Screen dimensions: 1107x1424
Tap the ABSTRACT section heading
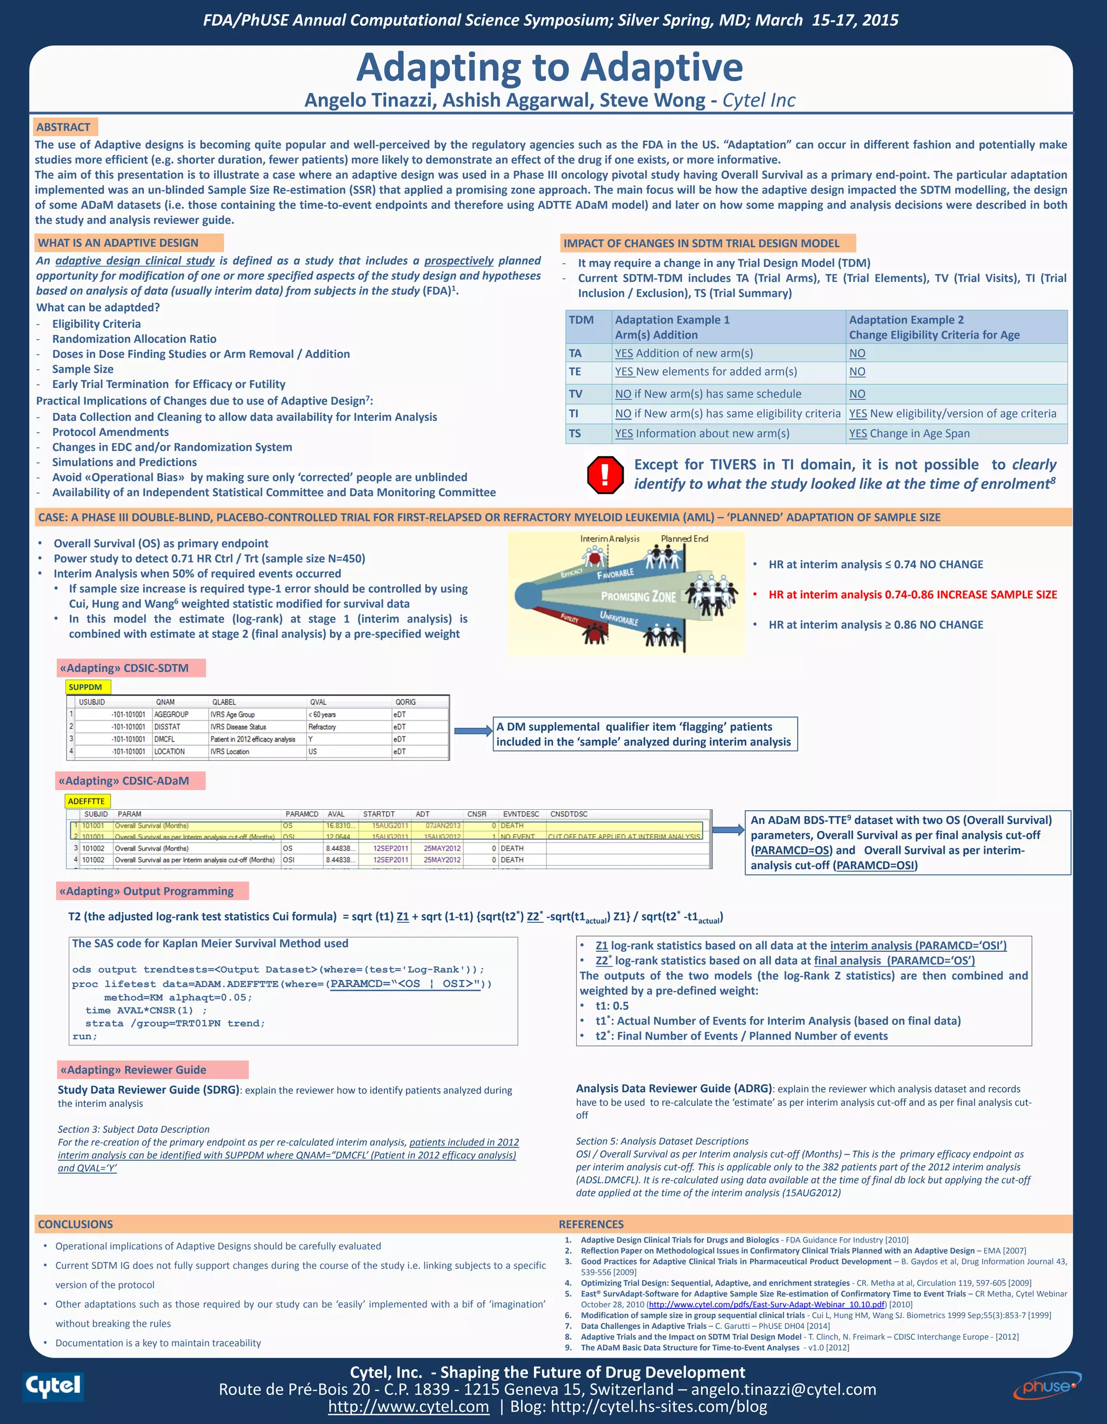pos(63,127)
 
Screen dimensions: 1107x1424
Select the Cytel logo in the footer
pos(54,1385)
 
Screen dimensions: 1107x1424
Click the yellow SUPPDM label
pos(85,687)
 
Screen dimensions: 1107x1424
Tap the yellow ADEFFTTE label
pos(86,801)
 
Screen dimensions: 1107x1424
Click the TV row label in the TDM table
pos(575,394)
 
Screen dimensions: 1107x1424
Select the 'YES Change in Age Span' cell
pos(909,434)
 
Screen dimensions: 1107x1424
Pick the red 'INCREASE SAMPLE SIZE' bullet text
pos(912,595)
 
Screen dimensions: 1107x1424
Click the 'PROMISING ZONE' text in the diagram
pos(638,596)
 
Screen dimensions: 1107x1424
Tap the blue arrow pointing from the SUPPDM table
pos(473,731)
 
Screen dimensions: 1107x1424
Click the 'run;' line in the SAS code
pos(85,1037)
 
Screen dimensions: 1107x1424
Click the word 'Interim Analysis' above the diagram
pos(609,539)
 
